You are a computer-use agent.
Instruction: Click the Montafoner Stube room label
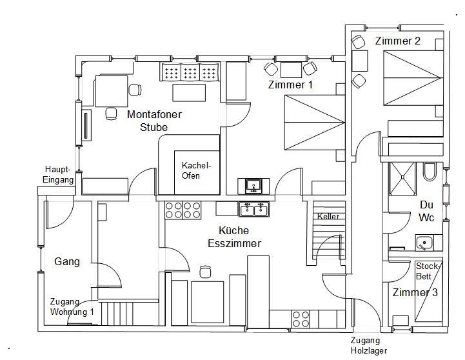pyautogui.click(x=154, y=121)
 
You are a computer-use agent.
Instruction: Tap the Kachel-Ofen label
pyautogui.click(x=196, y=170)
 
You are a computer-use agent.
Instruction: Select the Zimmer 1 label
pyautogui.click(x=290, y=85)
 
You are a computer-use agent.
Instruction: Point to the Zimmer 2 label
pyautogui.click(x=397, y=41)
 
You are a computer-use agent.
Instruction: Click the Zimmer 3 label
pyautogui.click(x=415, y=292)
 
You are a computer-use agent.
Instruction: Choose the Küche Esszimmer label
pyautogui.click(x=235, y=237)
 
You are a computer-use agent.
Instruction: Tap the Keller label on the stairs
pyautogui.click(x=328, y=217)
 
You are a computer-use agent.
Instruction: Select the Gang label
pyautogui.click(x=67, y=261)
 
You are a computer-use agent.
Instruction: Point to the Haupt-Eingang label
pyautogui.click(x=59, y=175)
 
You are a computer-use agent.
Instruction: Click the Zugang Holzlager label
pyautogui.click(x=369, y=346)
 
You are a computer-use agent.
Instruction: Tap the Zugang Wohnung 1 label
pyautogui.click(x=72, y=306)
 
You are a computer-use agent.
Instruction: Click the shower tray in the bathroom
pyautogui.click(x=403, y=178)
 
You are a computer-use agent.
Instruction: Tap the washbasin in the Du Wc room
pyautogui.click(x=423, y=244)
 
